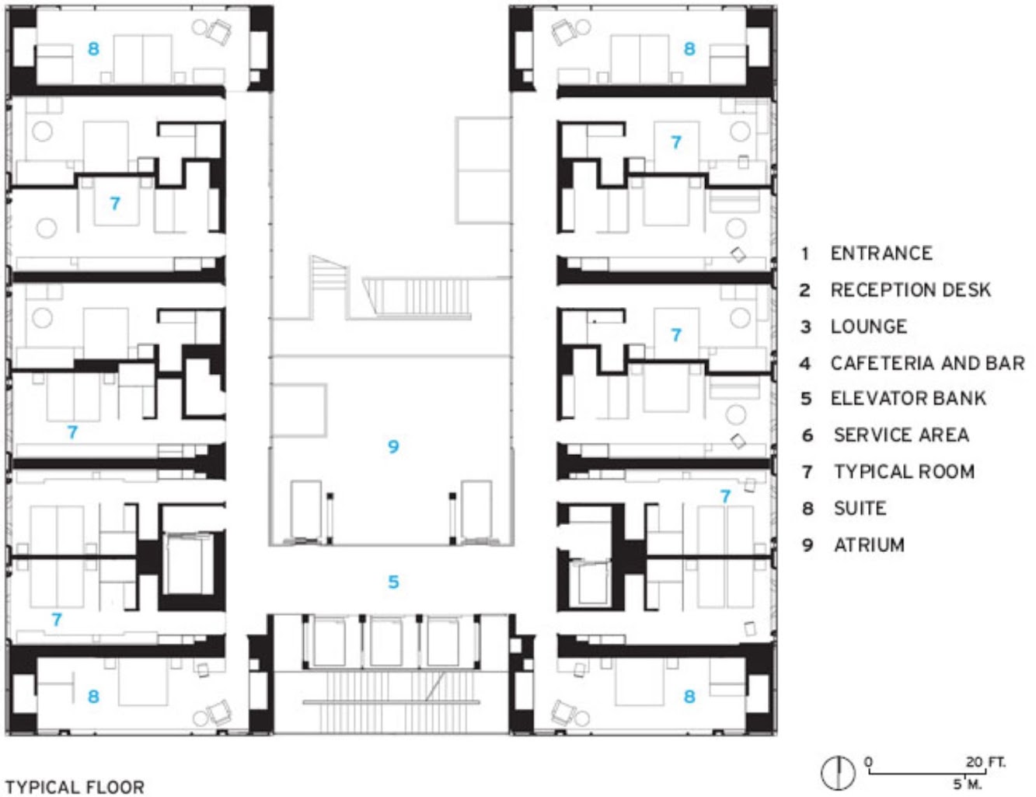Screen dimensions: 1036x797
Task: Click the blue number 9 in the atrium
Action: click(x=393, y=446)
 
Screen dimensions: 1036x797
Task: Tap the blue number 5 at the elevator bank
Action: click(x=393, y=582)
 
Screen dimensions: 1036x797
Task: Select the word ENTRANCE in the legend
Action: click(x=881, y=253)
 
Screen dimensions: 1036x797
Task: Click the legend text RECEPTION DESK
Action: click(x=911, y=290)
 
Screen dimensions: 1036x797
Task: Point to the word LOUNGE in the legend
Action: click(x=869, y=327)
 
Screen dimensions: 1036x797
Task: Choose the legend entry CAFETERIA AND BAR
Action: click(x=928, y=363)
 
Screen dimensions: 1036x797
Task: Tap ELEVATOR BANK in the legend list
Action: click(x=909, y=398)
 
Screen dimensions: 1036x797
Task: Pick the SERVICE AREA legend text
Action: click(x=902, y=435)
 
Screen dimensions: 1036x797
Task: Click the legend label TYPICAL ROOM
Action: click(x=905, y=472)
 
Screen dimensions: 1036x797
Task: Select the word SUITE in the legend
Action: click(x=860, y=509)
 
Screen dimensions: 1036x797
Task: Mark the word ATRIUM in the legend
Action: click(x=869, y=545)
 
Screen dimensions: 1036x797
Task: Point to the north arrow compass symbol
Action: click(x=838, y=773)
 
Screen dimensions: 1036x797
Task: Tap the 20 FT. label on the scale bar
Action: click(x=985, y=762)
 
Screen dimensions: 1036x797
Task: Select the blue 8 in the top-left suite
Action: click(x=93, y=49)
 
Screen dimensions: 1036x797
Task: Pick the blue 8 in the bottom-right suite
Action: click(x=689, y=697)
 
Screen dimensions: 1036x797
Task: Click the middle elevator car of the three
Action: click(x=385, y=641)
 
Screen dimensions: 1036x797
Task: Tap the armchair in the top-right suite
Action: click(x=563, y=33)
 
